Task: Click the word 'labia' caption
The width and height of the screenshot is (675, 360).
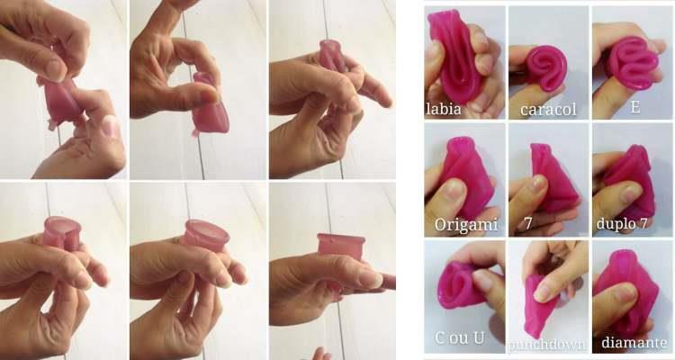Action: [x=443, y=109]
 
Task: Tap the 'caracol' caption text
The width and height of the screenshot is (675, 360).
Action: [x=548, y=110]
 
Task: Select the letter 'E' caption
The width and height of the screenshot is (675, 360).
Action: [x=635, y=106]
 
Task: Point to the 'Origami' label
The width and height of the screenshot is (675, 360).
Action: [x=466, y=224]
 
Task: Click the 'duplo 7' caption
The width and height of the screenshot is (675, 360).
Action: [x=621, y=223]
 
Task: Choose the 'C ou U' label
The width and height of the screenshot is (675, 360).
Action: [x=459, y=338]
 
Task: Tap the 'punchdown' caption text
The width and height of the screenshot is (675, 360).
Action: [x=547, y=345]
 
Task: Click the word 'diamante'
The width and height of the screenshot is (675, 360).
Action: [x=633, y=342]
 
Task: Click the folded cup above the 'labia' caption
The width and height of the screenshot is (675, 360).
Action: [x=456, y=56]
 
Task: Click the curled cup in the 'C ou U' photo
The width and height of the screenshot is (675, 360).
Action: [x=463, y=285]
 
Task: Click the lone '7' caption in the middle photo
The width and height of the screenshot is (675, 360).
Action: [x=528, y=223]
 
